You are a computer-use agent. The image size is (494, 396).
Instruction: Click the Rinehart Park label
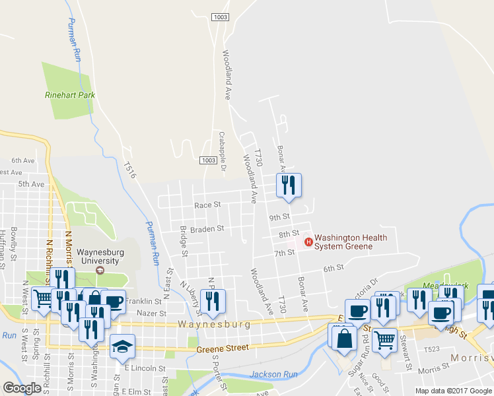pyautogui.click(x=70, y=95)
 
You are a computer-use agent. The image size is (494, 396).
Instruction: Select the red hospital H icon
pyautogui.click(x=308, y=242)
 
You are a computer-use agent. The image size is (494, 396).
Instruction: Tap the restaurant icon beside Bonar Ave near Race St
pyautogui.click(x=289, y=185)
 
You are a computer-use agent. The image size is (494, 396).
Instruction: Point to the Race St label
pyautogui.click(x=207, y=205)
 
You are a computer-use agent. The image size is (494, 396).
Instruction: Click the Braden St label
pyautogui.click(x=207, y=229)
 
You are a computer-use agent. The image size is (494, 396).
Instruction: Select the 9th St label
pyautogui.click(x=279, y=216)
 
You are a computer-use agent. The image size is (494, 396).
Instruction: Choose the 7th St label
pyautogui.click(x=284, y=253)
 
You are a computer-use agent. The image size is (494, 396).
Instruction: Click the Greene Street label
pyautogui.click(x=223, y=348)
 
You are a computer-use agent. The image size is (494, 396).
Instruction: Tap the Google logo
pyautogui.click(x=22, y=387)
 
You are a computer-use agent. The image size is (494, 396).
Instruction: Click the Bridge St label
pyautogui.click(x=184, y=242)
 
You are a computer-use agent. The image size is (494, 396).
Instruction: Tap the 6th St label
pyautogui.click(x=334, y=268)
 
